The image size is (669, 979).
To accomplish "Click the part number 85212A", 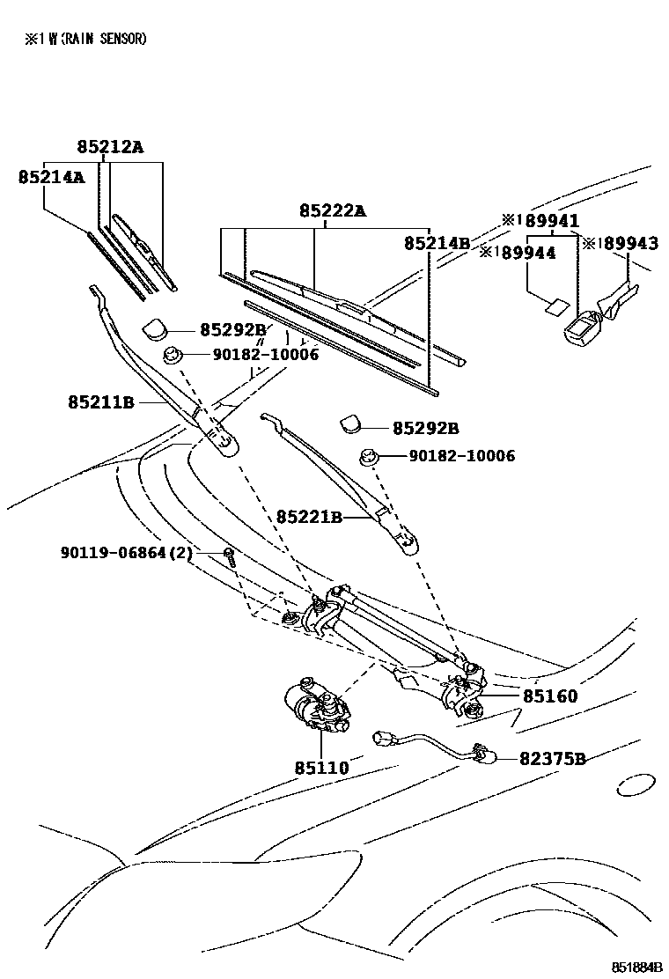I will (x=108, y=147).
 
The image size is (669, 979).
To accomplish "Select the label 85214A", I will (x=51, y=177).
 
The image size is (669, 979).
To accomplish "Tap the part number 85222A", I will (x=332, y=210).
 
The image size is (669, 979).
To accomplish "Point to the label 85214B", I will (x=437, y=242).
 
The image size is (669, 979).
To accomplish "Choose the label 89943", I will (x=627, y=243).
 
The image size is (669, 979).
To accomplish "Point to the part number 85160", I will (x=550, y=696).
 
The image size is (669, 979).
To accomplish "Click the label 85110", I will (x=321, y=768).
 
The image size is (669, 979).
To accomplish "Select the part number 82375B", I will (x=552, y=758).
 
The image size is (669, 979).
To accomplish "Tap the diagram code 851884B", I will (x=637, y=966).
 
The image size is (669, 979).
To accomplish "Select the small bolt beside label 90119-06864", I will (x=229, y=556).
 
